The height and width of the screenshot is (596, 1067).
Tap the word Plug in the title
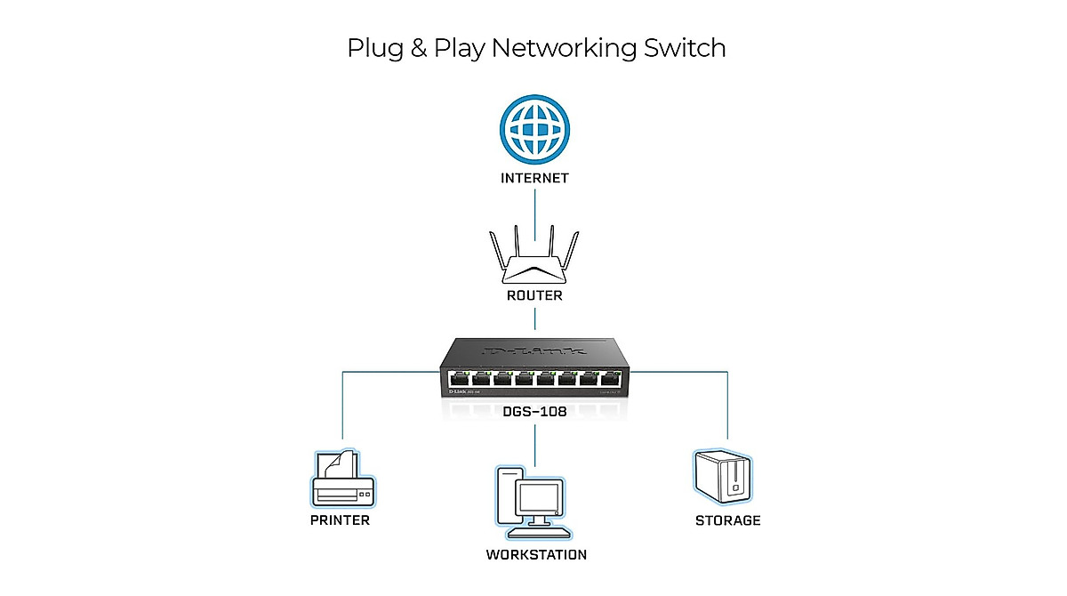(x=374, y=49)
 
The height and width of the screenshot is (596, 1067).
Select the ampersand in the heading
(x=417, y=48)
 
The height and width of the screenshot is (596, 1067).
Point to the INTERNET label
(x=533, y=178)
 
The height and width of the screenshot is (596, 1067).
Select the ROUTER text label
(x=533, y=295)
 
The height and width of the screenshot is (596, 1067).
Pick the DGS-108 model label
(x=533, y=411)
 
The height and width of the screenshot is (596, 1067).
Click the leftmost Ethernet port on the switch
(x=461, y=382)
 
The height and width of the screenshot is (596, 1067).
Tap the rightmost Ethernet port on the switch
(x=609, y=382)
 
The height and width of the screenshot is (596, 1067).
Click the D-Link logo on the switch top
(x=533, y=352)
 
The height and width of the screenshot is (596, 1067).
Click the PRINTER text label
(x=340, y=520)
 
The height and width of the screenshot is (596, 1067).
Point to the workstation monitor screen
(x=542, y=502)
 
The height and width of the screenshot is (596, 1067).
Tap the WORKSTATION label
(x=536, y=555)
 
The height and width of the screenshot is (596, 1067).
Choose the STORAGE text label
(x=727, y=520)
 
